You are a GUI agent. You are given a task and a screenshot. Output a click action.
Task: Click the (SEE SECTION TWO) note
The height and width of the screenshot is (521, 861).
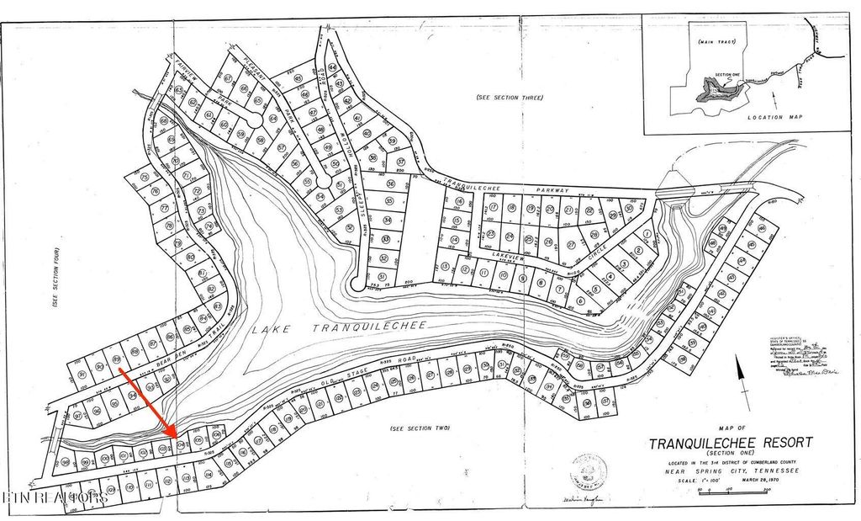pyautogui.click(x=420, y=428)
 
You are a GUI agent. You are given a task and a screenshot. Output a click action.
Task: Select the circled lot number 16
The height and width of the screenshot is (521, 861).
pyautogui.click(x=458, y=202)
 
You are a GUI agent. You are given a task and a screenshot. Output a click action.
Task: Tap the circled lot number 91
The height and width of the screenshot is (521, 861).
pyautogui.click(x=100, y=367)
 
